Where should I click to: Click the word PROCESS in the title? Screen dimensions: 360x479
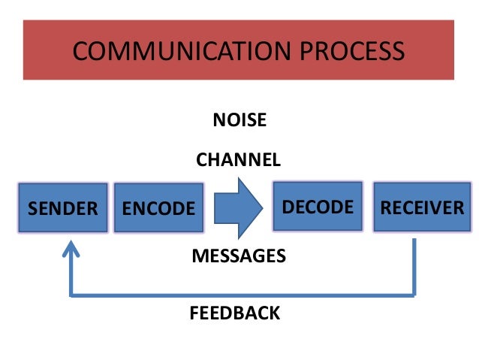tap(349, 51)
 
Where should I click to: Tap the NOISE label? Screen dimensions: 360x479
tap(239, 120)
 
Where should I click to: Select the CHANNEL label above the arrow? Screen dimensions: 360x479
tap(238, 159)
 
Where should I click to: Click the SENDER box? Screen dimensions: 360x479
tap(63, 207)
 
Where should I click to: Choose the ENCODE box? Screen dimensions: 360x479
tap(158, 207)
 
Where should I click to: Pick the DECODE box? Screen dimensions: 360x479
tap(317, 205)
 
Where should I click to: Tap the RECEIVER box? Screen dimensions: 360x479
tap(422, 207)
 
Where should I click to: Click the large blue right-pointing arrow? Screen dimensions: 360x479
tap(237, 204)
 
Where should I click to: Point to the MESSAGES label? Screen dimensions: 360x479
tap(239, 256)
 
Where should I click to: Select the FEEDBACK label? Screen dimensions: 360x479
tap(235, 313)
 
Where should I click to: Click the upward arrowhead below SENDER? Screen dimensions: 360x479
tap(71, 248)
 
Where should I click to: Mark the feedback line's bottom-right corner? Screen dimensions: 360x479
tap(414, 295)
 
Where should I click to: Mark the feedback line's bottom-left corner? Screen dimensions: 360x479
tap(71, 295)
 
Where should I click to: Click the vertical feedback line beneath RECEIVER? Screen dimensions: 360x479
tap(414, 267)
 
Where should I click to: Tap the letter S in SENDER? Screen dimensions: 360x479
tap(33, 208)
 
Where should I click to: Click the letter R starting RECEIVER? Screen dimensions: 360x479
tap(386, 207)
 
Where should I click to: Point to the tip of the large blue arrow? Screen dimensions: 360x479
tap(263, 204)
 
